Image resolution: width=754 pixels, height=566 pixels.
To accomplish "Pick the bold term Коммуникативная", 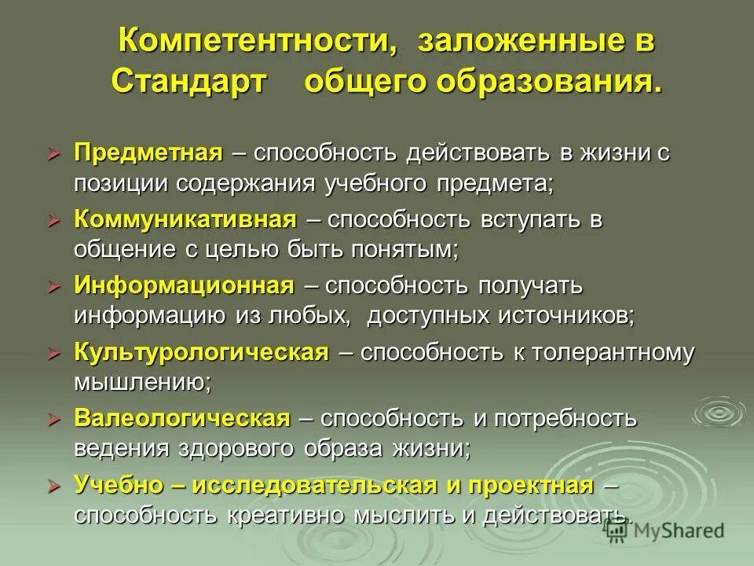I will (185, 220).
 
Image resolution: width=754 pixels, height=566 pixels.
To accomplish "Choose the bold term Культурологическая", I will (201, 352).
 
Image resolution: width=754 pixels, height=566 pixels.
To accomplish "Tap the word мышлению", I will (141, 383).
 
